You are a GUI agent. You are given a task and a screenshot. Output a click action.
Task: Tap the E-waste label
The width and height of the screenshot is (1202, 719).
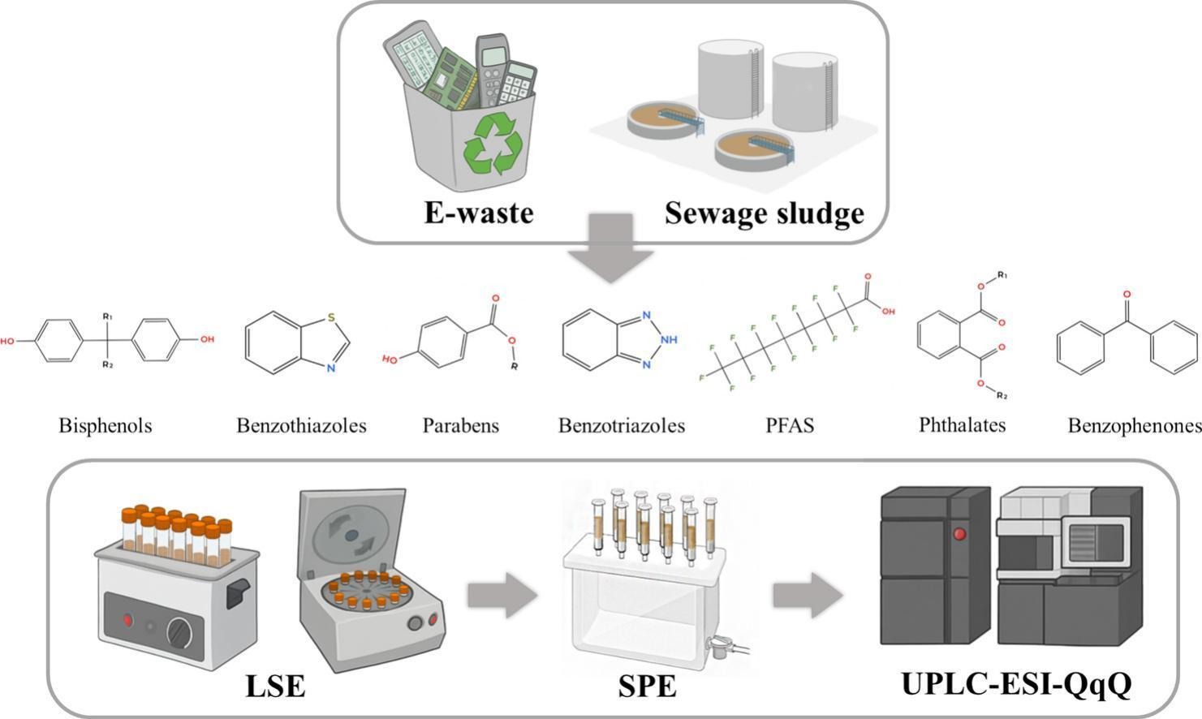479,213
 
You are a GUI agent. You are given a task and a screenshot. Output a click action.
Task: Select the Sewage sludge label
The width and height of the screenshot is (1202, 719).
764,214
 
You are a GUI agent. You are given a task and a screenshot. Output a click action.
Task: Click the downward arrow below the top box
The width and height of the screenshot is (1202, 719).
610,248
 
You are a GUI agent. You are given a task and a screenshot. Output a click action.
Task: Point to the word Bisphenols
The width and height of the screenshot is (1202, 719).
106,425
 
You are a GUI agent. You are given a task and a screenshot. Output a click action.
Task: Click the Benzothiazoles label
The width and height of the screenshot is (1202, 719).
301,425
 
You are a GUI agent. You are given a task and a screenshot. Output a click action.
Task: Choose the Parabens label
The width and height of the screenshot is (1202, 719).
460,425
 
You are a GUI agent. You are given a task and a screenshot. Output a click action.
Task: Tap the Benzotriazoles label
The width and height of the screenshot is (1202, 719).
622,425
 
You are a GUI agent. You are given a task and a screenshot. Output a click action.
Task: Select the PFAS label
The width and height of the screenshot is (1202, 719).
790,425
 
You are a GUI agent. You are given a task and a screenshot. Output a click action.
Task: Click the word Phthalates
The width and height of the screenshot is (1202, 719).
962,425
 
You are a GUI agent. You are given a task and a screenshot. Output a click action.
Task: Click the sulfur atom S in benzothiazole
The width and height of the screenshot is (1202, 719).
331,317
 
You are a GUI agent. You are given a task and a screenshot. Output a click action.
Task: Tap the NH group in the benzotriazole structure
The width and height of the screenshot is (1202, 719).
669,340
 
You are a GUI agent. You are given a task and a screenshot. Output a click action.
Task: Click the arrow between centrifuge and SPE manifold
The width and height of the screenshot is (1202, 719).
502,596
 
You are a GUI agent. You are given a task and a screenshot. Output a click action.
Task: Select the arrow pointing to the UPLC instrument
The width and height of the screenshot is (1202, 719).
808,596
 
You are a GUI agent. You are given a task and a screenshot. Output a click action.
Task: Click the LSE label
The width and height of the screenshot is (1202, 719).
275,687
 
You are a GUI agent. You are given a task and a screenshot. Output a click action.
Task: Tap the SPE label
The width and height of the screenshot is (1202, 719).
647,687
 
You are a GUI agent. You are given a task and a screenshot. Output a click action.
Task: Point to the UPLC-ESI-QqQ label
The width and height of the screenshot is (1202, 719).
1017,684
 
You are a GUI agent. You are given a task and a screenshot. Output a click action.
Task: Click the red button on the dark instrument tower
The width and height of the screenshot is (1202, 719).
959,534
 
